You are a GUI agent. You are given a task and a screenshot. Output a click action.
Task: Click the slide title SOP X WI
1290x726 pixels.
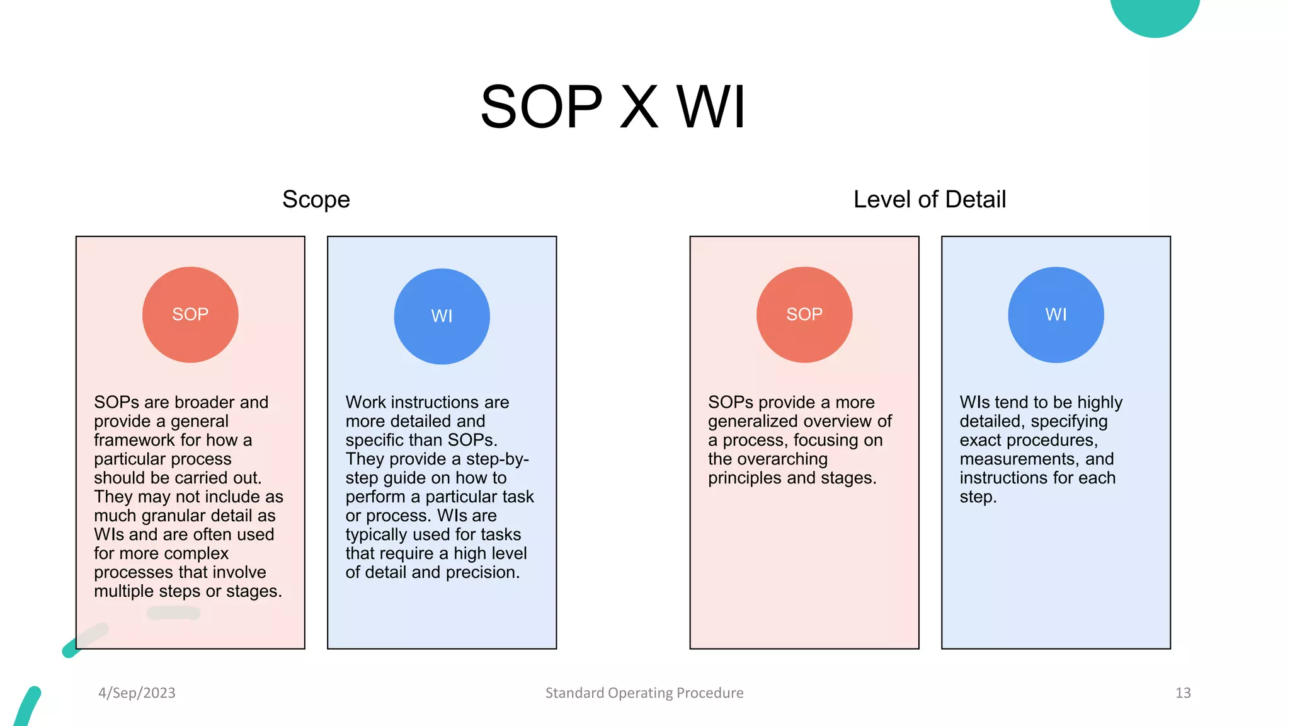pyautogui.click(x=613, y=107)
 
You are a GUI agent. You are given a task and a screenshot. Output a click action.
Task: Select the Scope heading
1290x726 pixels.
pyautogui.click(x=316, y=199)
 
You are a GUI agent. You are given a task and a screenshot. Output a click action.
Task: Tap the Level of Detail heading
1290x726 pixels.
pyautogui.click(x=929, y=199)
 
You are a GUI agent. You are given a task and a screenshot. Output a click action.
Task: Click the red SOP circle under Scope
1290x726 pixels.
pyautogui.click(x=190, y=314)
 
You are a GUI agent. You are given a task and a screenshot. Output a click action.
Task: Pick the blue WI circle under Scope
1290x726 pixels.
pyautogui.click(x=442, y=316)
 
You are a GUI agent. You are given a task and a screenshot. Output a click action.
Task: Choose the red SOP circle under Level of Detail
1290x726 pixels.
pyautogui.click(x=804, y=314)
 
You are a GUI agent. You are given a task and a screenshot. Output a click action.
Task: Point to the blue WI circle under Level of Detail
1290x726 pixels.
pyautogui.click(x=1056, y=314)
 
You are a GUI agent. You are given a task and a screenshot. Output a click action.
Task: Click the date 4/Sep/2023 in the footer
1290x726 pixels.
pyautogui.click(x=137, y=693)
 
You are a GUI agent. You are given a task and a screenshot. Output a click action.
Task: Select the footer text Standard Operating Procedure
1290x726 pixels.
pyautogui.click(x=644, y=693)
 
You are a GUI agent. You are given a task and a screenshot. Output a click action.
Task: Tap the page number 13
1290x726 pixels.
pyautogui.click(x=1182, y=693)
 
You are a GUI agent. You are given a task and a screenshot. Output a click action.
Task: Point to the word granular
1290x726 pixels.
pyautogui.click(x=173, y=516)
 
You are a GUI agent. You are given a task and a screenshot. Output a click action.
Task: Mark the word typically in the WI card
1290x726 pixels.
pyautogui.click(x=376, y=534)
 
